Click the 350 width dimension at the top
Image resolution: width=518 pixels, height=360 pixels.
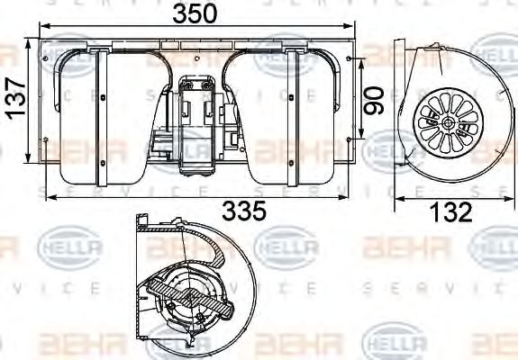click(195, 13)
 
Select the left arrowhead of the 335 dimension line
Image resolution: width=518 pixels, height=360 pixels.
click(48, 197)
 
